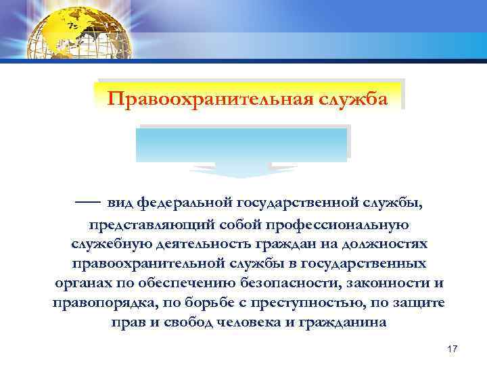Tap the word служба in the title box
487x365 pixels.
click(357, 99)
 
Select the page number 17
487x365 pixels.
click(453, 348)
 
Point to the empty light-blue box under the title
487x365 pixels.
click(243, 144)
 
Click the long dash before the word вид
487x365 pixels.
click(88, 201)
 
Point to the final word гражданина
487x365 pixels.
click(344, 322)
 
